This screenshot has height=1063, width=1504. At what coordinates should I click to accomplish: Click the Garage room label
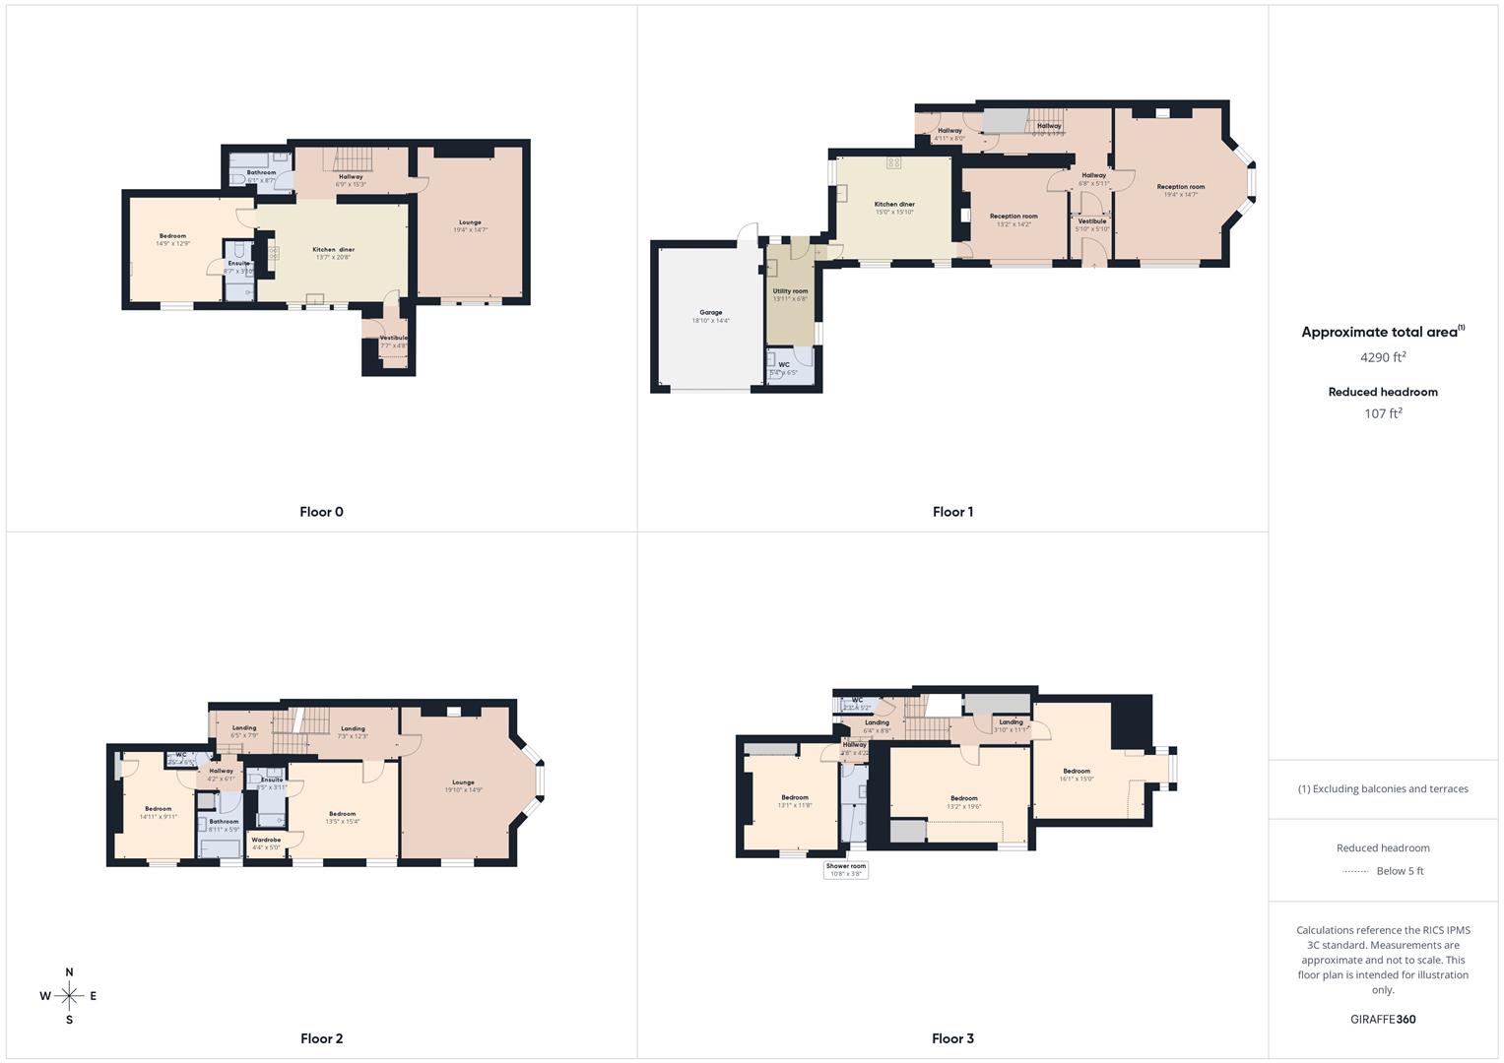click(710, 313)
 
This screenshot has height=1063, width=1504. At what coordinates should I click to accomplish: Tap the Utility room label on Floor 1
click(790, 291)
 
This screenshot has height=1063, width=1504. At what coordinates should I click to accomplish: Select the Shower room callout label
click(846, 866)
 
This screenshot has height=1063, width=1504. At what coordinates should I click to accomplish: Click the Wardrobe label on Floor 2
click(266, 840)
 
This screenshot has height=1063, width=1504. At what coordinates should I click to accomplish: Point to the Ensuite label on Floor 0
click(238, 264)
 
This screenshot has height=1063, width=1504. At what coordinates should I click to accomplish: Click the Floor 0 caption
click(321, 512)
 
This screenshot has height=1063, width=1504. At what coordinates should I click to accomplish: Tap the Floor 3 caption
click(952, 1038)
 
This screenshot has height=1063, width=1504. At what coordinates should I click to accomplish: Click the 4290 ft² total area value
click(1383, 357)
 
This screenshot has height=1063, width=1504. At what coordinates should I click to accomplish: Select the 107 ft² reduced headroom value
click(1383, 413)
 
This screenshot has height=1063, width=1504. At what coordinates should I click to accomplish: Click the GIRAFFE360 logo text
click(1383, 1019)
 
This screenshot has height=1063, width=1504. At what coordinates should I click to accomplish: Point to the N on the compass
click(69, 972)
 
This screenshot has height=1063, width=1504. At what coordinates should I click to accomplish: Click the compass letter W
click(45, 996)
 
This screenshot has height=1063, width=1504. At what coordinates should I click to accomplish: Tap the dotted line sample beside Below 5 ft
click(1355, 871)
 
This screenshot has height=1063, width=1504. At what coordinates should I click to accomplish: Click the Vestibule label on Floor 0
click(393, 339)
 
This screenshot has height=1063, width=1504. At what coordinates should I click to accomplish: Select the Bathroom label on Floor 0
click(261, 173)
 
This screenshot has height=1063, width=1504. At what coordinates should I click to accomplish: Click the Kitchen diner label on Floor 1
click(894, 205)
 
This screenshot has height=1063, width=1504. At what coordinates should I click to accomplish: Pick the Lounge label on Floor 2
click(462, 782)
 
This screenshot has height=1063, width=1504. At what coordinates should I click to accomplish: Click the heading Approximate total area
click(1379, 333)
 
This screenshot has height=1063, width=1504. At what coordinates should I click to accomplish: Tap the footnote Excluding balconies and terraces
click(1383, 788)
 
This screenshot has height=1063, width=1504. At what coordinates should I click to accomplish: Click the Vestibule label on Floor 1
click(1091, 221)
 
